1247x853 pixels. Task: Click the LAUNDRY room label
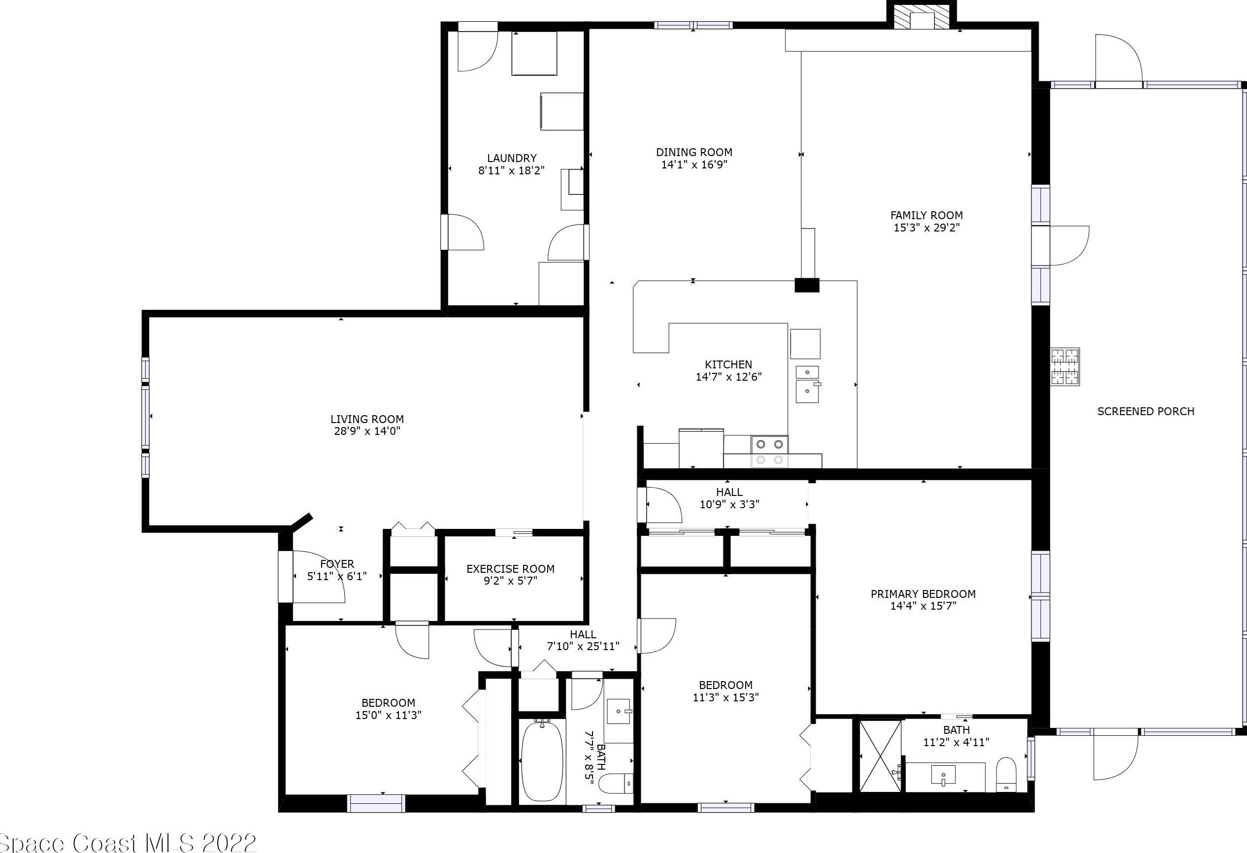coord(511,158)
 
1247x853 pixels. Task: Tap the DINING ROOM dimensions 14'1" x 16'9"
coord(694,164)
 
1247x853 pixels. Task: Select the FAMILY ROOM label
coord(927,215)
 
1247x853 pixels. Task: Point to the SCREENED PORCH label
coord(1146,411)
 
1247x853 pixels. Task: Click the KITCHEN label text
coord(728,365)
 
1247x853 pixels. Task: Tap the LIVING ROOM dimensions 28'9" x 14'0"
coord(367,431)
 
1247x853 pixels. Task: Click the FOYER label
coord(337,564)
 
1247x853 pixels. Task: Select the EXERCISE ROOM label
coord(510,569)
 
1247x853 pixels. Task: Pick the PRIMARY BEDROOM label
coord(923,594)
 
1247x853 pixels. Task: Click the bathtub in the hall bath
coord(542,761)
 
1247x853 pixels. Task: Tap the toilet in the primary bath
coord(1006,775)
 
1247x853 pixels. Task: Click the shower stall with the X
coord(880,755)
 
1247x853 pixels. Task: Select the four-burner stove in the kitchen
coord(769,452)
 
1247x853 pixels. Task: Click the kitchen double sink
coord(807,384)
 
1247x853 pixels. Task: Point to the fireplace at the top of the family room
coord(921,16)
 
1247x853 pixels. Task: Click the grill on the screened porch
coord(1065,366)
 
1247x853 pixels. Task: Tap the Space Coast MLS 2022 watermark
coord(129,842)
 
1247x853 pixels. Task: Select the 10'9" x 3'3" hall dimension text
coord(729,504)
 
